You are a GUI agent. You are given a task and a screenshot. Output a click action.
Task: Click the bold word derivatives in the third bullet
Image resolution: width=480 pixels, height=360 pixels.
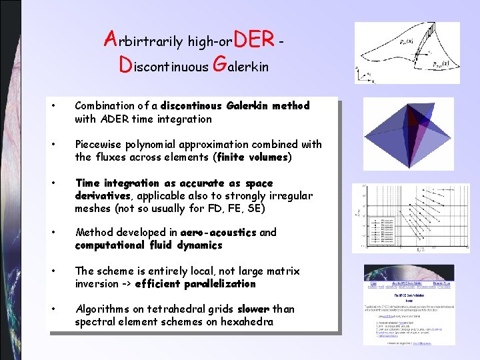[103, 196]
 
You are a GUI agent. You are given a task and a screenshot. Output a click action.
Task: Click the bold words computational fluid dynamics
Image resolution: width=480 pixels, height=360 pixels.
[148, 245]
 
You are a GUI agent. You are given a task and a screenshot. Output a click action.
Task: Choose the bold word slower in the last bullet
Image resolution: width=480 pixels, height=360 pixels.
[253, 309]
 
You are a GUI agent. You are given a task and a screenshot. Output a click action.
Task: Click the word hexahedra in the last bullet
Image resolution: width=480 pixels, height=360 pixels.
[250, 322]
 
